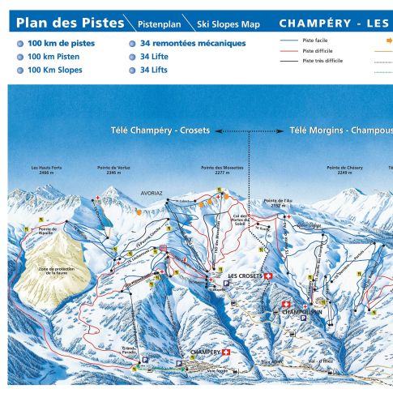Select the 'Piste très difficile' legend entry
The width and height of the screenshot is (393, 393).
pyautogui.click(x=326, y=61)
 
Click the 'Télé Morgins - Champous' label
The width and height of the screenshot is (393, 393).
pyautogui.click(x=340, y=130)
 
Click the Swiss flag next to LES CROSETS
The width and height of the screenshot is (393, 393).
pyautogui.click(x=270, y=276)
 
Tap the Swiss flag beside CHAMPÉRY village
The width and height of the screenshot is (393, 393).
pyautogui.click(x=226, y=352)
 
